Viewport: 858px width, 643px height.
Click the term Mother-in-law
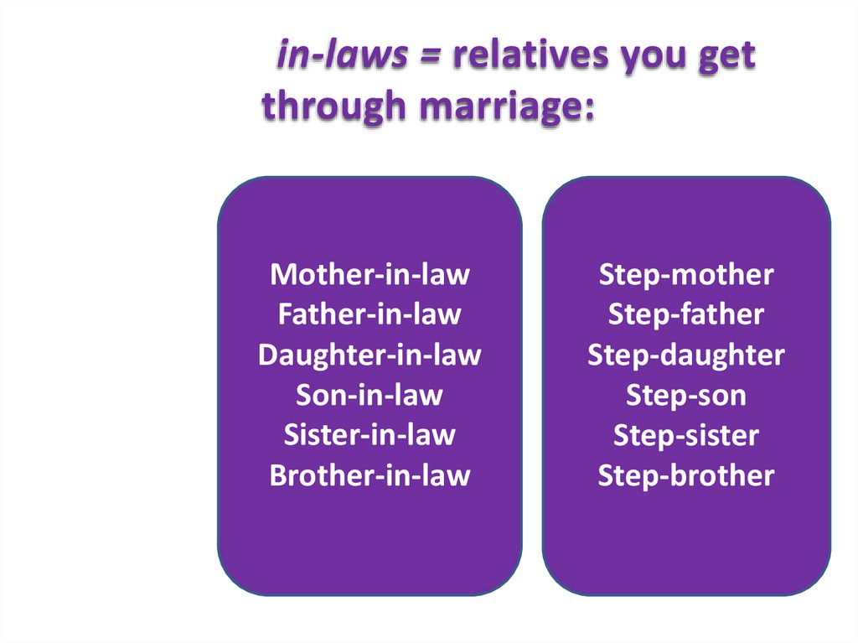[370, 274]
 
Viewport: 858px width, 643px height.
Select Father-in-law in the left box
[370, 314]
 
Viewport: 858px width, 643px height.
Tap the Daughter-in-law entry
[370, 355]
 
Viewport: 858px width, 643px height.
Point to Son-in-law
[370, 395]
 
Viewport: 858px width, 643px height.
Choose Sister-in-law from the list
[370, 435]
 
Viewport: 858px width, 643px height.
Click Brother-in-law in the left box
[370, 475]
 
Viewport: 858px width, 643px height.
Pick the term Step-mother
[686, 274]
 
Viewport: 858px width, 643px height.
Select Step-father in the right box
[686, 314]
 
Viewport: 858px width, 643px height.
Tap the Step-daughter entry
[686, 355]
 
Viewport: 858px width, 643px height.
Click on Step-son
[686, 395]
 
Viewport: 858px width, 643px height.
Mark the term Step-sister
[686, 435]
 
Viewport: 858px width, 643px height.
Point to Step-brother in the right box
[686, 475]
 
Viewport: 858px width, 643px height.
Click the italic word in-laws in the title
[343, 56]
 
